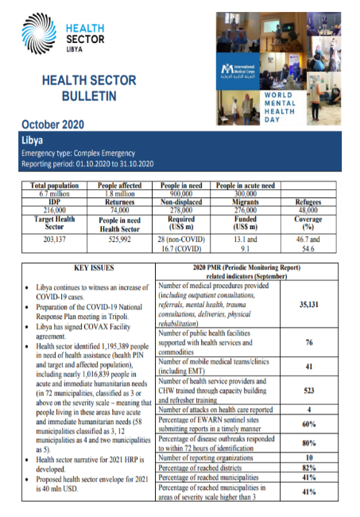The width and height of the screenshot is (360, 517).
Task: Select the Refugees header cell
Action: (308, 202)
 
